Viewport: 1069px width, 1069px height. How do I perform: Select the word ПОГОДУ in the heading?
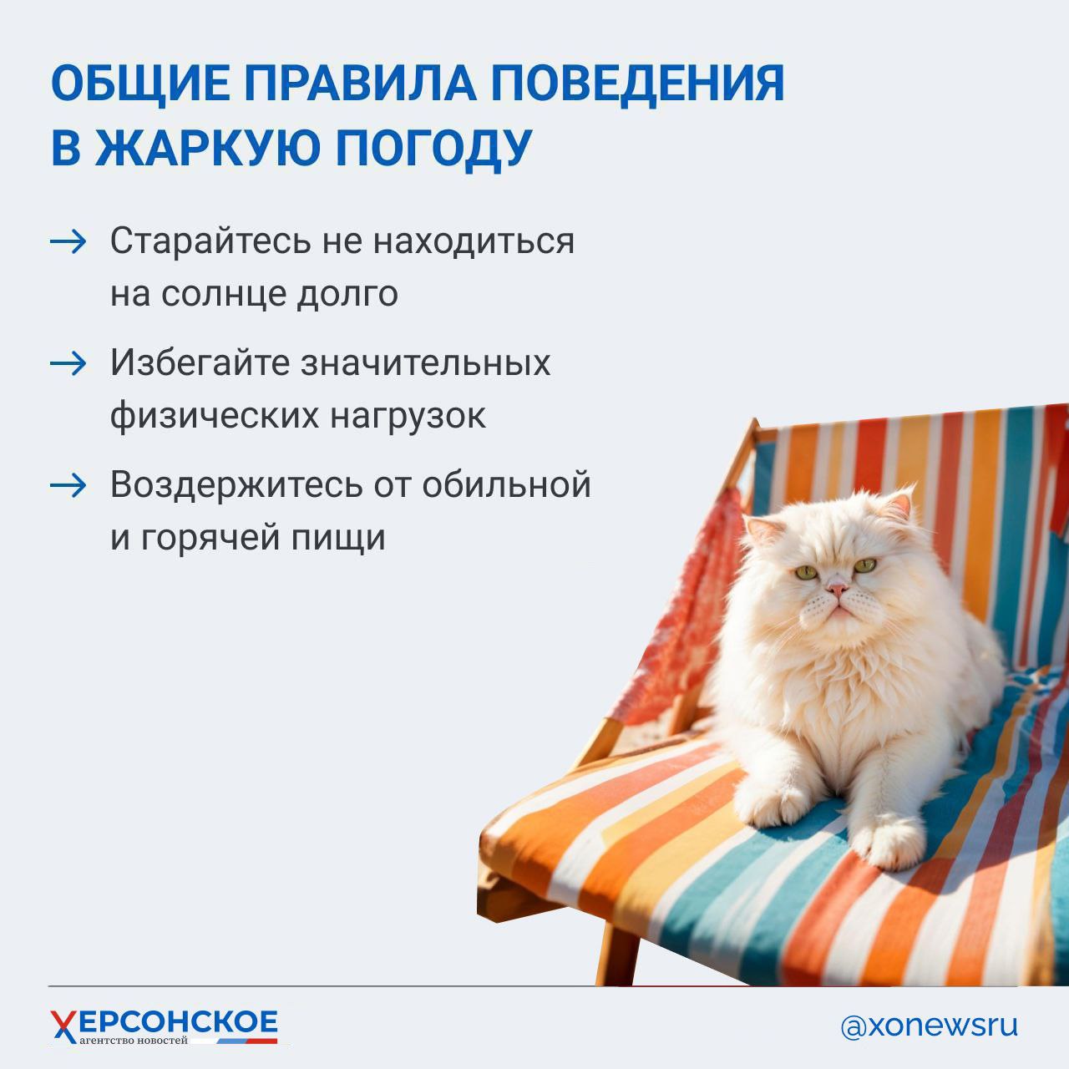433,149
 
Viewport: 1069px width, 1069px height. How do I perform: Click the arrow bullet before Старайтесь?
68,242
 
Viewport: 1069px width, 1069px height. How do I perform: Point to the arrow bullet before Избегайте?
68,364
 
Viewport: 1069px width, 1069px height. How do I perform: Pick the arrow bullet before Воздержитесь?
68,486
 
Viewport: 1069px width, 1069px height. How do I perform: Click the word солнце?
224,295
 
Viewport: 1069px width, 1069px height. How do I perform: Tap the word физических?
214,417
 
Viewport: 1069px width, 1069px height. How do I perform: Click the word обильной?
506,484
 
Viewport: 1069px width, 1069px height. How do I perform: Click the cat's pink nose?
837,589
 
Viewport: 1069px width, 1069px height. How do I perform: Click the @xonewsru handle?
930,1026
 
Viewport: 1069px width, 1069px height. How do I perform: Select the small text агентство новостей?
133,1040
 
